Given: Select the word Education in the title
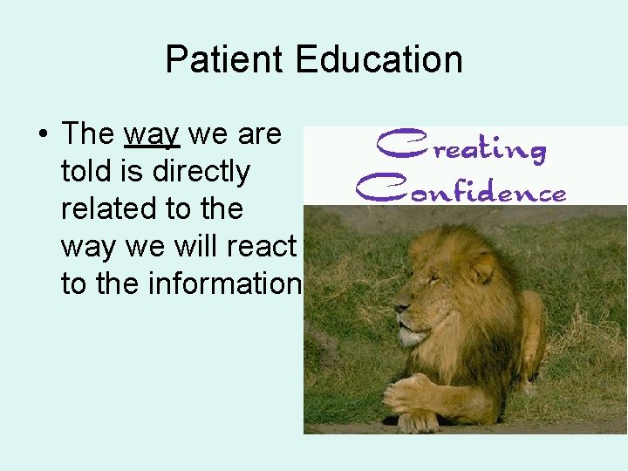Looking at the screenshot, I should (379, 60).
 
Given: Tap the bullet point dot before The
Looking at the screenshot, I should (42, 135).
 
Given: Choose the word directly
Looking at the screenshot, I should (201, 173).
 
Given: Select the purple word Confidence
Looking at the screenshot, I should (461, 188).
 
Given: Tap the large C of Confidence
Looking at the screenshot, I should (373, 185).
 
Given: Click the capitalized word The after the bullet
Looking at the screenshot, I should (88, 135).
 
